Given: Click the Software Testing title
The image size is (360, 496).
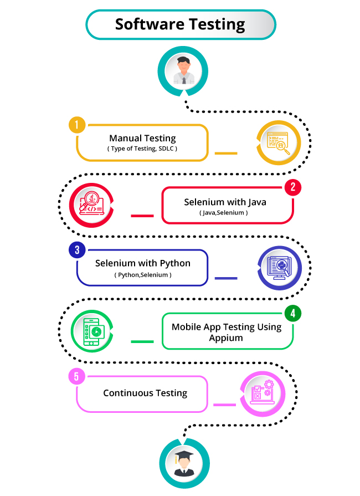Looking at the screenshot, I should pos(180,24).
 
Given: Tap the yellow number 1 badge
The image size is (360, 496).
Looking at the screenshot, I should pos(76,125).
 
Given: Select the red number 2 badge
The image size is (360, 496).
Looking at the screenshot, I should pos(293,187).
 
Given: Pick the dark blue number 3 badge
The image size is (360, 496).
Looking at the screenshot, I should pos(76,250).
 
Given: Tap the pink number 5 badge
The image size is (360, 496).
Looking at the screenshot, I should pos(76,377).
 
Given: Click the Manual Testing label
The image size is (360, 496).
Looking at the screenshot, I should pos(142,138).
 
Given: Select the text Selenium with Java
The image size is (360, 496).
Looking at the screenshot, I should pos(225,202).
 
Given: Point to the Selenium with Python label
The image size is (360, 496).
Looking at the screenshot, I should pos(142,263).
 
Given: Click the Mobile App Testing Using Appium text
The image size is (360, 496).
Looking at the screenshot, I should pos(226,332).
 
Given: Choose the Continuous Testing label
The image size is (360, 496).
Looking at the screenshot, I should pos(145,393).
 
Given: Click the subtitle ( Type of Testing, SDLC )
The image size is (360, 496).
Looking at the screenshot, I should pos(142,149).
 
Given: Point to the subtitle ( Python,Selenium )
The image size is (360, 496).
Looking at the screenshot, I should pos(143,275).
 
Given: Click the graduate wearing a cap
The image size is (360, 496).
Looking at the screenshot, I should pos(184,463).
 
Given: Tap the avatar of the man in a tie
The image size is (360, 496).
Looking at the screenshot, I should pos(184,70).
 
